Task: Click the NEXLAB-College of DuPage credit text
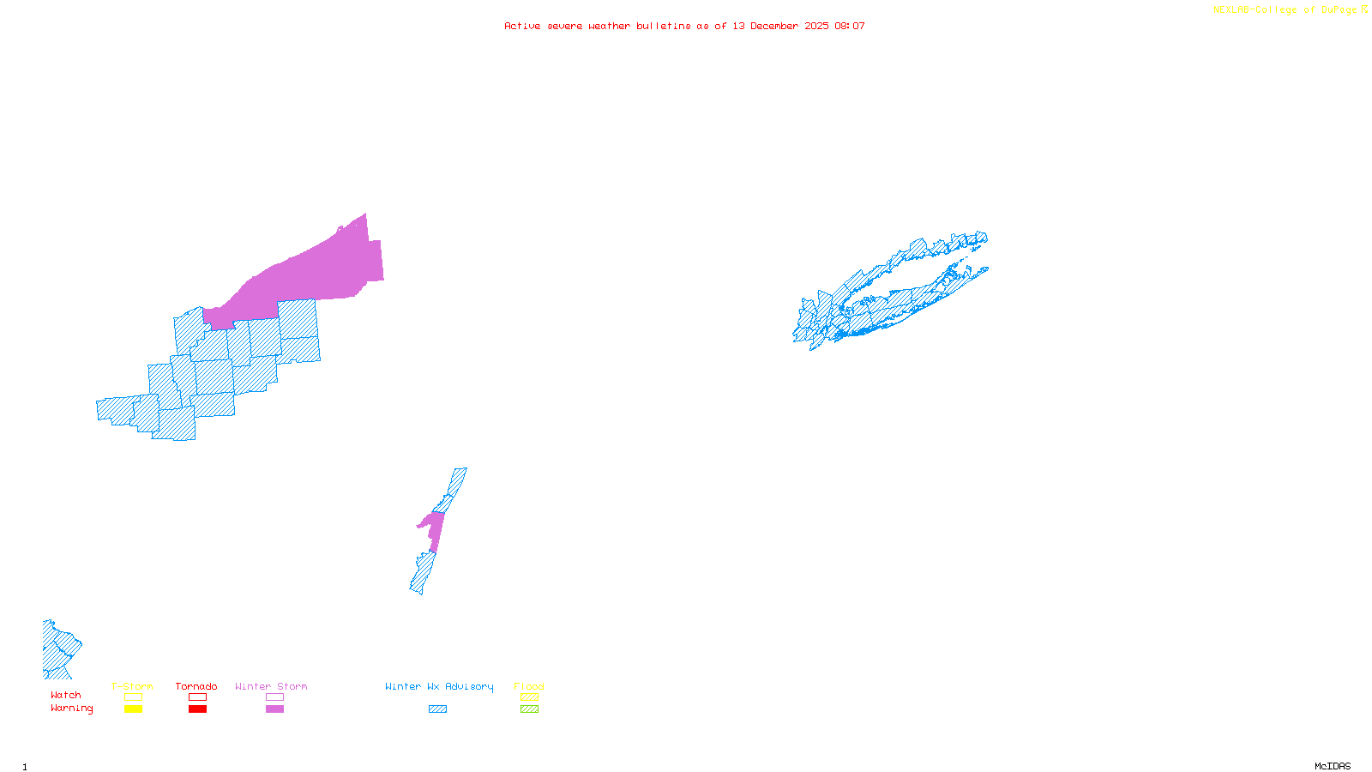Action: point(1290,9)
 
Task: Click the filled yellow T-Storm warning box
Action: point(133,709)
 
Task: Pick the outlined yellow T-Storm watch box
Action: point(133,697)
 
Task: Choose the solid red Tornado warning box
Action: point(197,709)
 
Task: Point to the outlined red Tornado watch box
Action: point(197,697)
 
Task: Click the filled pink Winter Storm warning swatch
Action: point(274,709)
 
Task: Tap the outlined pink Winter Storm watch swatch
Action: point(274,697)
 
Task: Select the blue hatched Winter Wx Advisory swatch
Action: point(437,709)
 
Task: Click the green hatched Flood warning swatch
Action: point(529,709)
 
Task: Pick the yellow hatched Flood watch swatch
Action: point(529,697)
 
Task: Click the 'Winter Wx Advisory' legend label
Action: point(439,686)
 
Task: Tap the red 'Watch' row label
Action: point(66,695)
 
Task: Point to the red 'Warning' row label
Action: point(71,709)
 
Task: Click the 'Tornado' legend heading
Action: point(196,686)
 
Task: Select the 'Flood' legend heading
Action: point(529,686)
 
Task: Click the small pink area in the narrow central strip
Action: point(434,528)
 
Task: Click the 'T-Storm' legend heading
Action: point(132,686)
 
